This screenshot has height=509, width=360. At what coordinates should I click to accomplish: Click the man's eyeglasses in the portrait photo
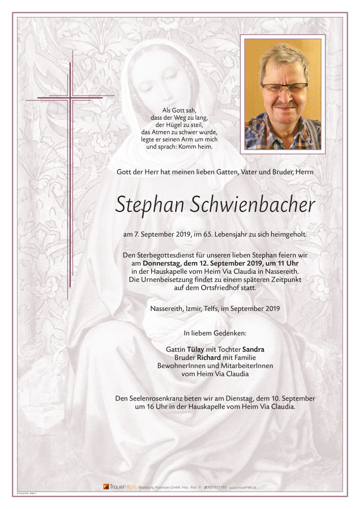click(284, 87)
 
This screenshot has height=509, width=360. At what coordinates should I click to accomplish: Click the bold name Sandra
click(253, 349)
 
